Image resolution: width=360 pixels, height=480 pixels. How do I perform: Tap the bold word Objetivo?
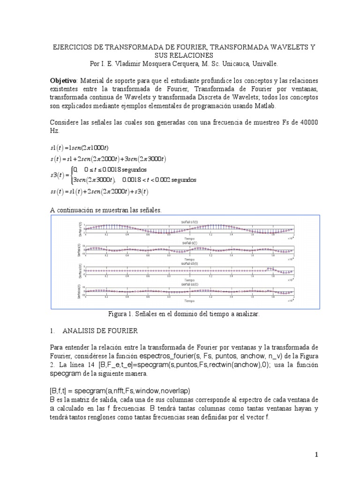[63, 80]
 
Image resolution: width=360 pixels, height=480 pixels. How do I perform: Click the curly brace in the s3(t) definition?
[69, 175]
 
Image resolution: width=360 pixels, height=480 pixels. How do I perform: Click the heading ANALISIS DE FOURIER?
[99, 331]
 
